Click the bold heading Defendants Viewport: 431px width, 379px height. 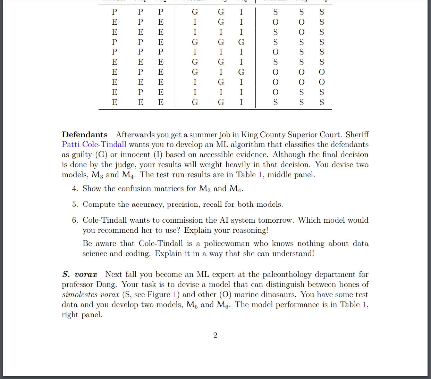85,135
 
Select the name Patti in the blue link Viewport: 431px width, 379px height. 71,145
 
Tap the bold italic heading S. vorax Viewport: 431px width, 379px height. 80,274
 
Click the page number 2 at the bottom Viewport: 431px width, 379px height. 215,335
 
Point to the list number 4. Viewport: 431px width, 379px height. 75,189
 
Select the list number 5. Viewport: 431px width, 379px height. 75,204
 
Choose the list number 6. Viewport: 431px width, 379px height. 75,220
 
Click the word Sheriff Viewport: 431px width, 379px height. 357,135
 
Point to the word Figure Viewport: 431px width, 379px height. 159,295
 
